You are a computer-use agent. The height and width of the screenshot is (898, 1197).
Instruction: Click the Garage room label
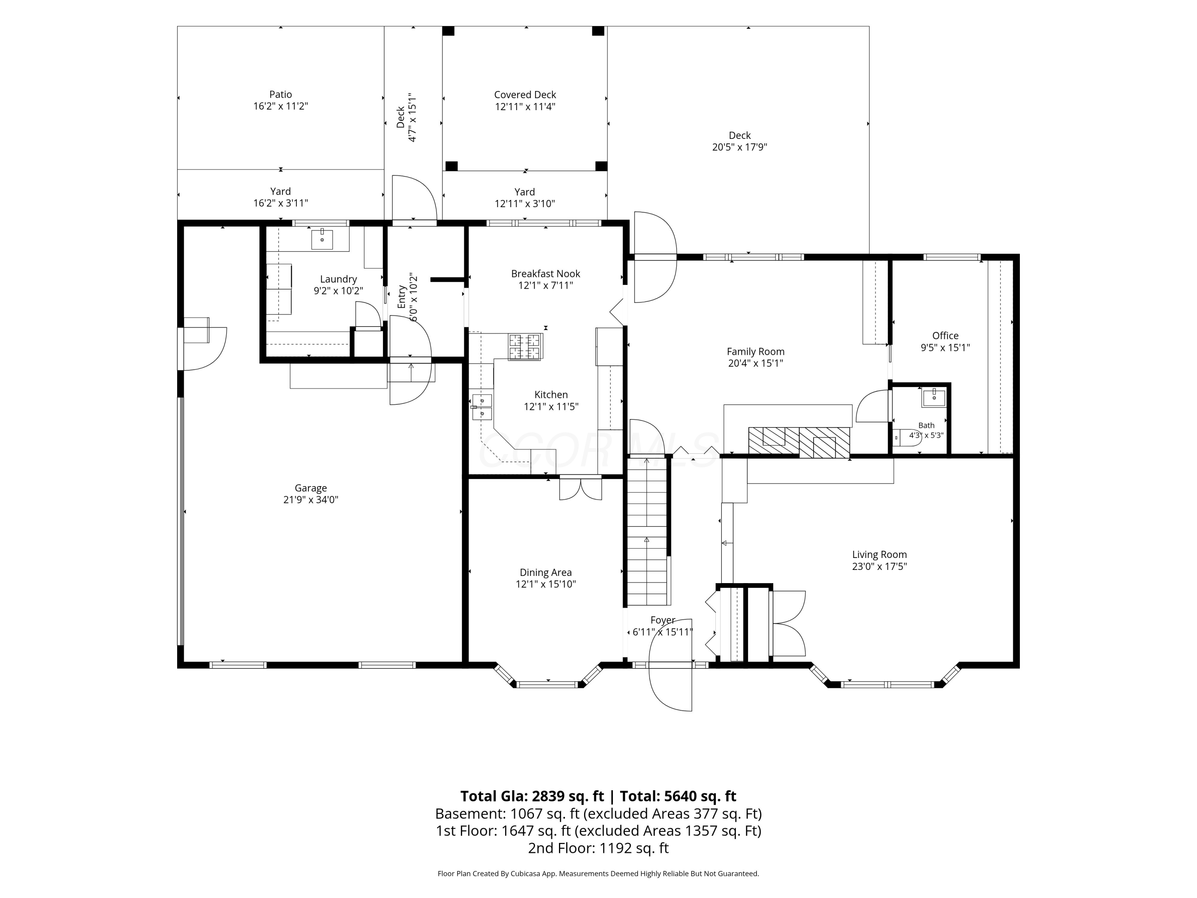tap(310, 488)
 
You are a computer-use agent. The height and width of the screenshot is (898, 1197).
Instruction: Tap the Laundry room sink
tap(322, 239)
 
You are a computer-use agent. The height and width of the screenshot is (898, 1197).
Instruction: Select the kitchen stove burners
tap(524, 346)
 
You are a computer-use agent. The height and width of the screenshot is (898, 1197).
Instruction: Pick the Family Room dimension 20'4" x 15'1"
tap(755, 363)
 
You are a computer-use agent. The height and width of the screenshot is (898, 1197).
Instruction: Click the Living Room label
tap(879, 554)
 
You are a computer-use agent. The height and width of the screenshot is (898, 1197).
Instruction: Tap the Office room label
tap(945, 336)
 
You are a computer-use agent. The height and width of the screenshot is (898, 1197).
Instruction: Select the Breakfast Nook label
tap(545, 273)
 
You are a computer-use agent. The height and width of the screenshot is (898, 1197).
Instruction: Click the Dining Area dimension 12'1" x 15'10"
tap(545, 584)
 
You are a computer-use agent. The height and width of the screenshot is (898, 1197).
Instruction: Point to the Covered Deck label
tap(525, 95)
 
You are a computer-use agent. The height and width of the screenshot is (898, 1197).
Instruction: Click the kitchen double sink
tap(482, 407)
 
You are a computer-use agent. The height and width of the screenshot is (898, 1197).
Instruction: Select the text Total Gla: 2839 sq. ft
tap(532, 796)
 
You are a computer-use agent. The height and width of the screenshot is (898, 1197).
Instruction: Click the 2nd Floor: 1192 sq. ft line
tap(598, 848)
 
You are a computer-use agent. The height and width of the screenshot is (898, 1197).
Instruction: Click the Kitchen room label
tap(551, 395)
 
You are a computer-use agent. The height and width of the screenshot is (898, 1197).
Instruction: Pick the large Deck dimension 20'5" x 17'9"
tap(739, 147)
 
